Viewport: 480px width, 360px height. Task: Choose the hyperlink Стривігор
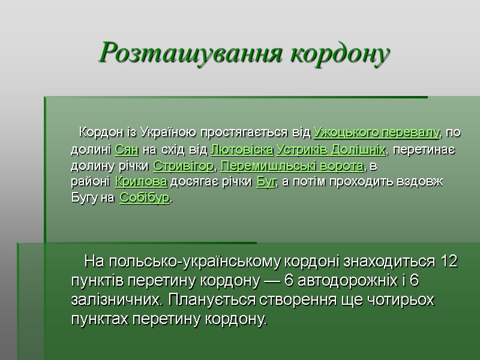[183, 165]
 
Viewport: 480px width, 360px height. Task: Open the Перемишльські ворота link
[293, 165]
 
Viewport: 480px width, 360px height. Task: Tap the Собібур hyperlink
[145, 199]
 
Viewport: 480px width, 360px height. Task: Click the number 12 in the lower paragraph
[449, 262]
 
